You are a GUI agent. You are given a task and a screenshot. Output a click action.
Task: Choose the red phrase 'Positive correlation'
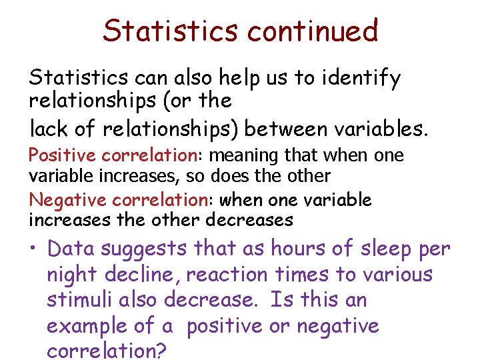110,155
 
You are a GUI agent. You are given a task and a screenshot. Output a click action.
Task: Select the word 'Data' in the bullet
70,249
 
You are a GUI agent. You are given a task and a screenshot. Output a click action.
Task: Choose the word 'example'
87,327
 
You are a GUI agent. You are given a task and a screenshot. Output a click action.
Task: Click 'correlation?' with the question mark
107,351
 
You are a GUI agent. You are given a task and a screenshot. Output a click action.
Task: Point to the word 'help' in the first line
219,79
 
